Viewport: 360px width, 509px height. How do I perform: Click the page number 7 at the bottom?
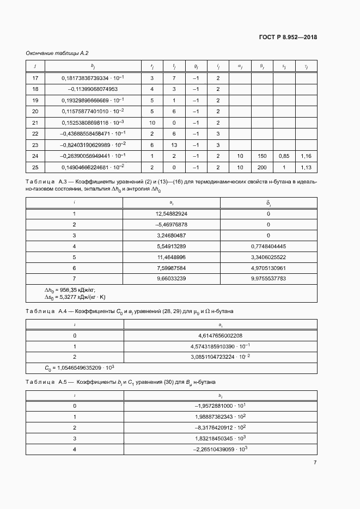pos(315,462)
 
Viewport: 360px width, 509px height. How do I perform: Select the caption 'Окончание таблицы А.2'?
pos(57,53)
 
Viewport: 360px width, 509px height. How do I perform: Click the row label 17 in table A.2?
pos(35,78)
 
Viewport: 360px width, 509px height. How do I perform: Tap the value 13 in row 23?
pos(174,145)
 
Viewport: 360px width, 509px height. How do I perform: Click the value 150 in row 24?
pos(262,156)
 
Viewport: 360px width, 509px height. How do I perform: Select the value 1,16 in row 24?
pos(306,156)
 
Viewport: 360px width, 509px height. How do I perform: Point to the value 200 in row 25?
pos(262,167)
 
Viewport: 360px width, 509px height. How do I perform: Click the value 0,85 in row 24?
pos(284,156)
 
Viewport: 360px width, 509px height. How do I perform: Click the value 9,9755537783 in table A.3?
pos(268,278)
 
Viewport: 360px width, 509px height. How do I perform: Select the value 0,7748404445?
pos(268,246)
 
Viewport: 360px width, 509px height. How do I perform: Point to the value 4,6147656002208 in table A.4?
pos(221,335)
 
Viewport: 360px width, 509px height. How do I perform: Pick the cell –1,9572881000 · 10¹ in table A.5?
pos(221,406)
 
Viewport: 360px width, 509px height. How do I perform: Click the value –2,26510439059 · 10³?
pos(221,449)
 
